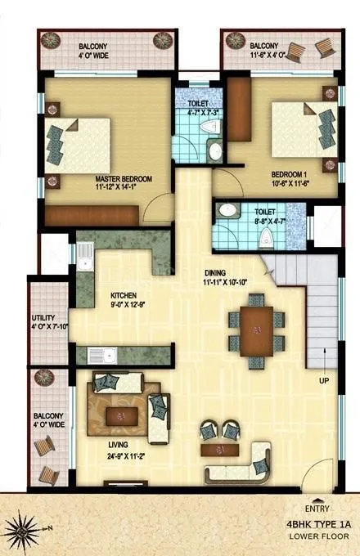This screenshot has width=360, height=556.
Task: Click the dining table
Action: pyautogui.click(x=257, y=330)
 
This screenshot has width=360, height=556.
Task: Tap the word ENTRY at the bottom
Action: pyautogui.click(x=317, y=507)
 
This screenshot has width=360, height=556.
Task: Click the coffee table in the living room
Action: pyautogui.click(x=122, y=415)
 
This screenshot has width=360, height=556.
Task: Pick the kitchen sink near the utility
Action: pyautogui.click(x=104, y=355)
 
